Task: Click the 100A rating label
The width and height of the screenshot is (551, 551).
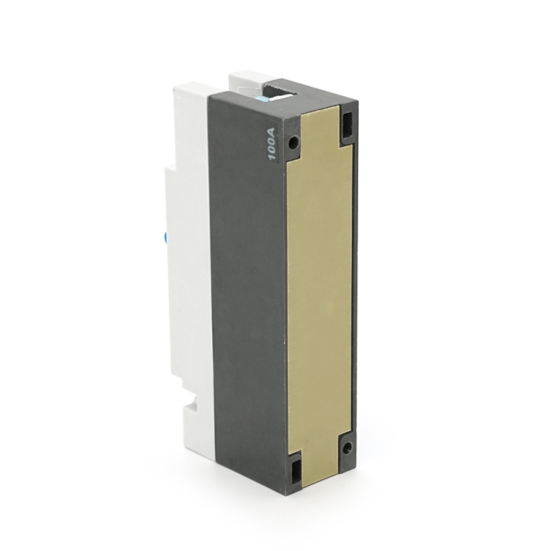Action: (272, 141)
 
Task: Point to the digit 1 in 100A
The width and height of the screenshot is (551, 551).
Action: (272, 157)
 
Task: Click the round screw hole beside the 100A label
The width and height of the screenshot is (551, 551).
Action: (293, 142)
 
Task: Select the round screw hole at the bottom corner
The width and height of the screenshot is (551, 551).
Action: (347, 447)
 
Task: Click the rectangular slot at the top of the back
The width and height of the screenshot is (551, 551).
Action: (348, 125)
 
